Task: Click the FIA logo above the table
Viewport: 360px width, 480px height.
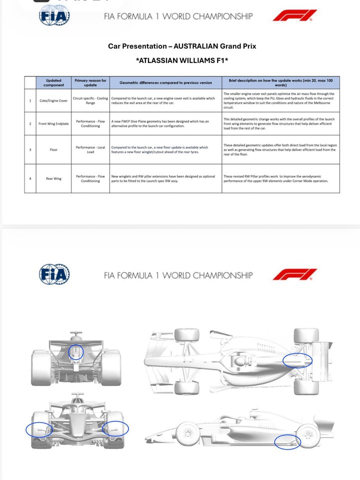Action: (54, 16)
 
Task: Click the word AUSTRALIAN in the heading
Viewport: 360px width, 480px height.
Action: (196, 46)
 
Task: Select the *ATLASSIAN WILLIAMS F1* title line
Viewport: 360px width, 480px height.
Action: (182, 61)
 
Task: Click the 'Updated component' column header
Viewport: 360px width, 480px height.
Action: (53, 82)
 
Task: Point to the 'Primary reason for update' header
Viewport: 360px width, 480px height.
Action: (90, 82)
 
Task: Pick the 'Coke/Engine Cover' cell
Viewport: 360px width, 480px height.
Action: (53, 100)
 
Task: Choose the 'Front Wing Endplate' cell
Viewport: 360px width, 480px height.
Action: (53, 123)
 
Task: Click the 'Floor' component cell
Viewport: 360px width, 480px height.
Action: (53, 149)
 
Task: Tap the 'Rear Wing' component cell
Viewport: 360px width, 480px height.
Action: (53, 178)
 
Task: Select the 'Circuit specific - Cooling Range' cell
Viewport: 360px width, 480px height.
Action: (90, 100)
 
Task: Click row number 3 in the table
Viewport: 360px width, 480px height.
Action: (30, 149)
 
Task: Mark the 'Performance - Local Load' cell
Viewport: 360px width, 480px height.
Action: (90, 149)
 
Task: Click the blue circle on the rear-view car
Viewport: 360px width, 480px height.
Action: (76, 352)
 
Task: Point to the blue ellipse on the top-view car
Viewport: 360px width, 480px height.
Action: (297, 360)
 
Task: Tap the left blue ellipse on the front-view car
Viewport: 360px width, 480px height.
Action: (38, 430)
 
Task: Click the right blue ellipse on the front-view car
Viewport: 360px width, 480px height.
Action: (115, 429)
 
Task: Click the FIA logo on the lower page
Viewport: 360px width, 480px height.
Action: (54, 274)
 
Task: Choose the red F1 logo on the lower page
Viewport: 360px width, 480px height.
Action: (294, 274)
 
